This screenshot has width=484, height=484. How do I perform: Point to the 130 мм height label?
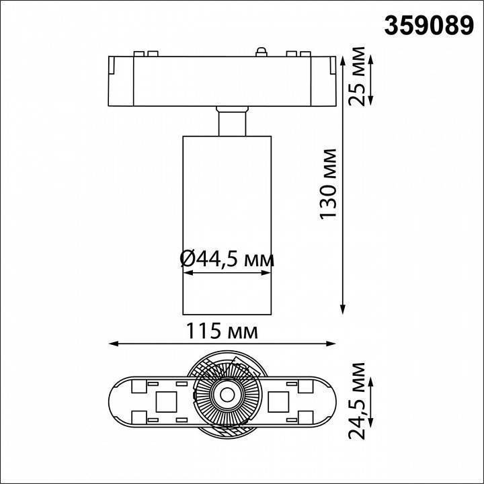pyautogui.click(x=329, y=184)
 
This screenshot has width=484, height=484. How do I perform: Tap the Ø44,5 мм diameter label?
pyautogui.click(x=227, y=258)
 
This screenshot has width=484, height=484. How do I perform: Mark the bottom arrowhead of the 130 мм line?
pyautogui.click(x=344, y=309)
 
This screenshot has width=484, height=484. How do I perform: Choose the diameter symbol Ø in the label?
pyautogui.click(x=188, y=258)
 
